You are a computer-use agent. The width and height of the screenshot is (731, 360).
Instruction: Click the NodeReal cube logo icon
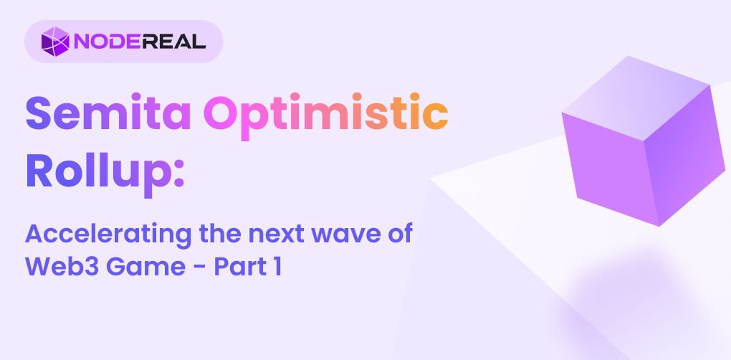tap(55, 42)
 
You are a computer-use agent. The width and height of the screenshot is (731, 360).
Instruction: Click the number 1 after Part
tap(277, 267)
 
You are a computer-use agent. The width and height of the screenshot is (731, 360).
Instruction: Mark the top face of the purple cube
tap(636, 98)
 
